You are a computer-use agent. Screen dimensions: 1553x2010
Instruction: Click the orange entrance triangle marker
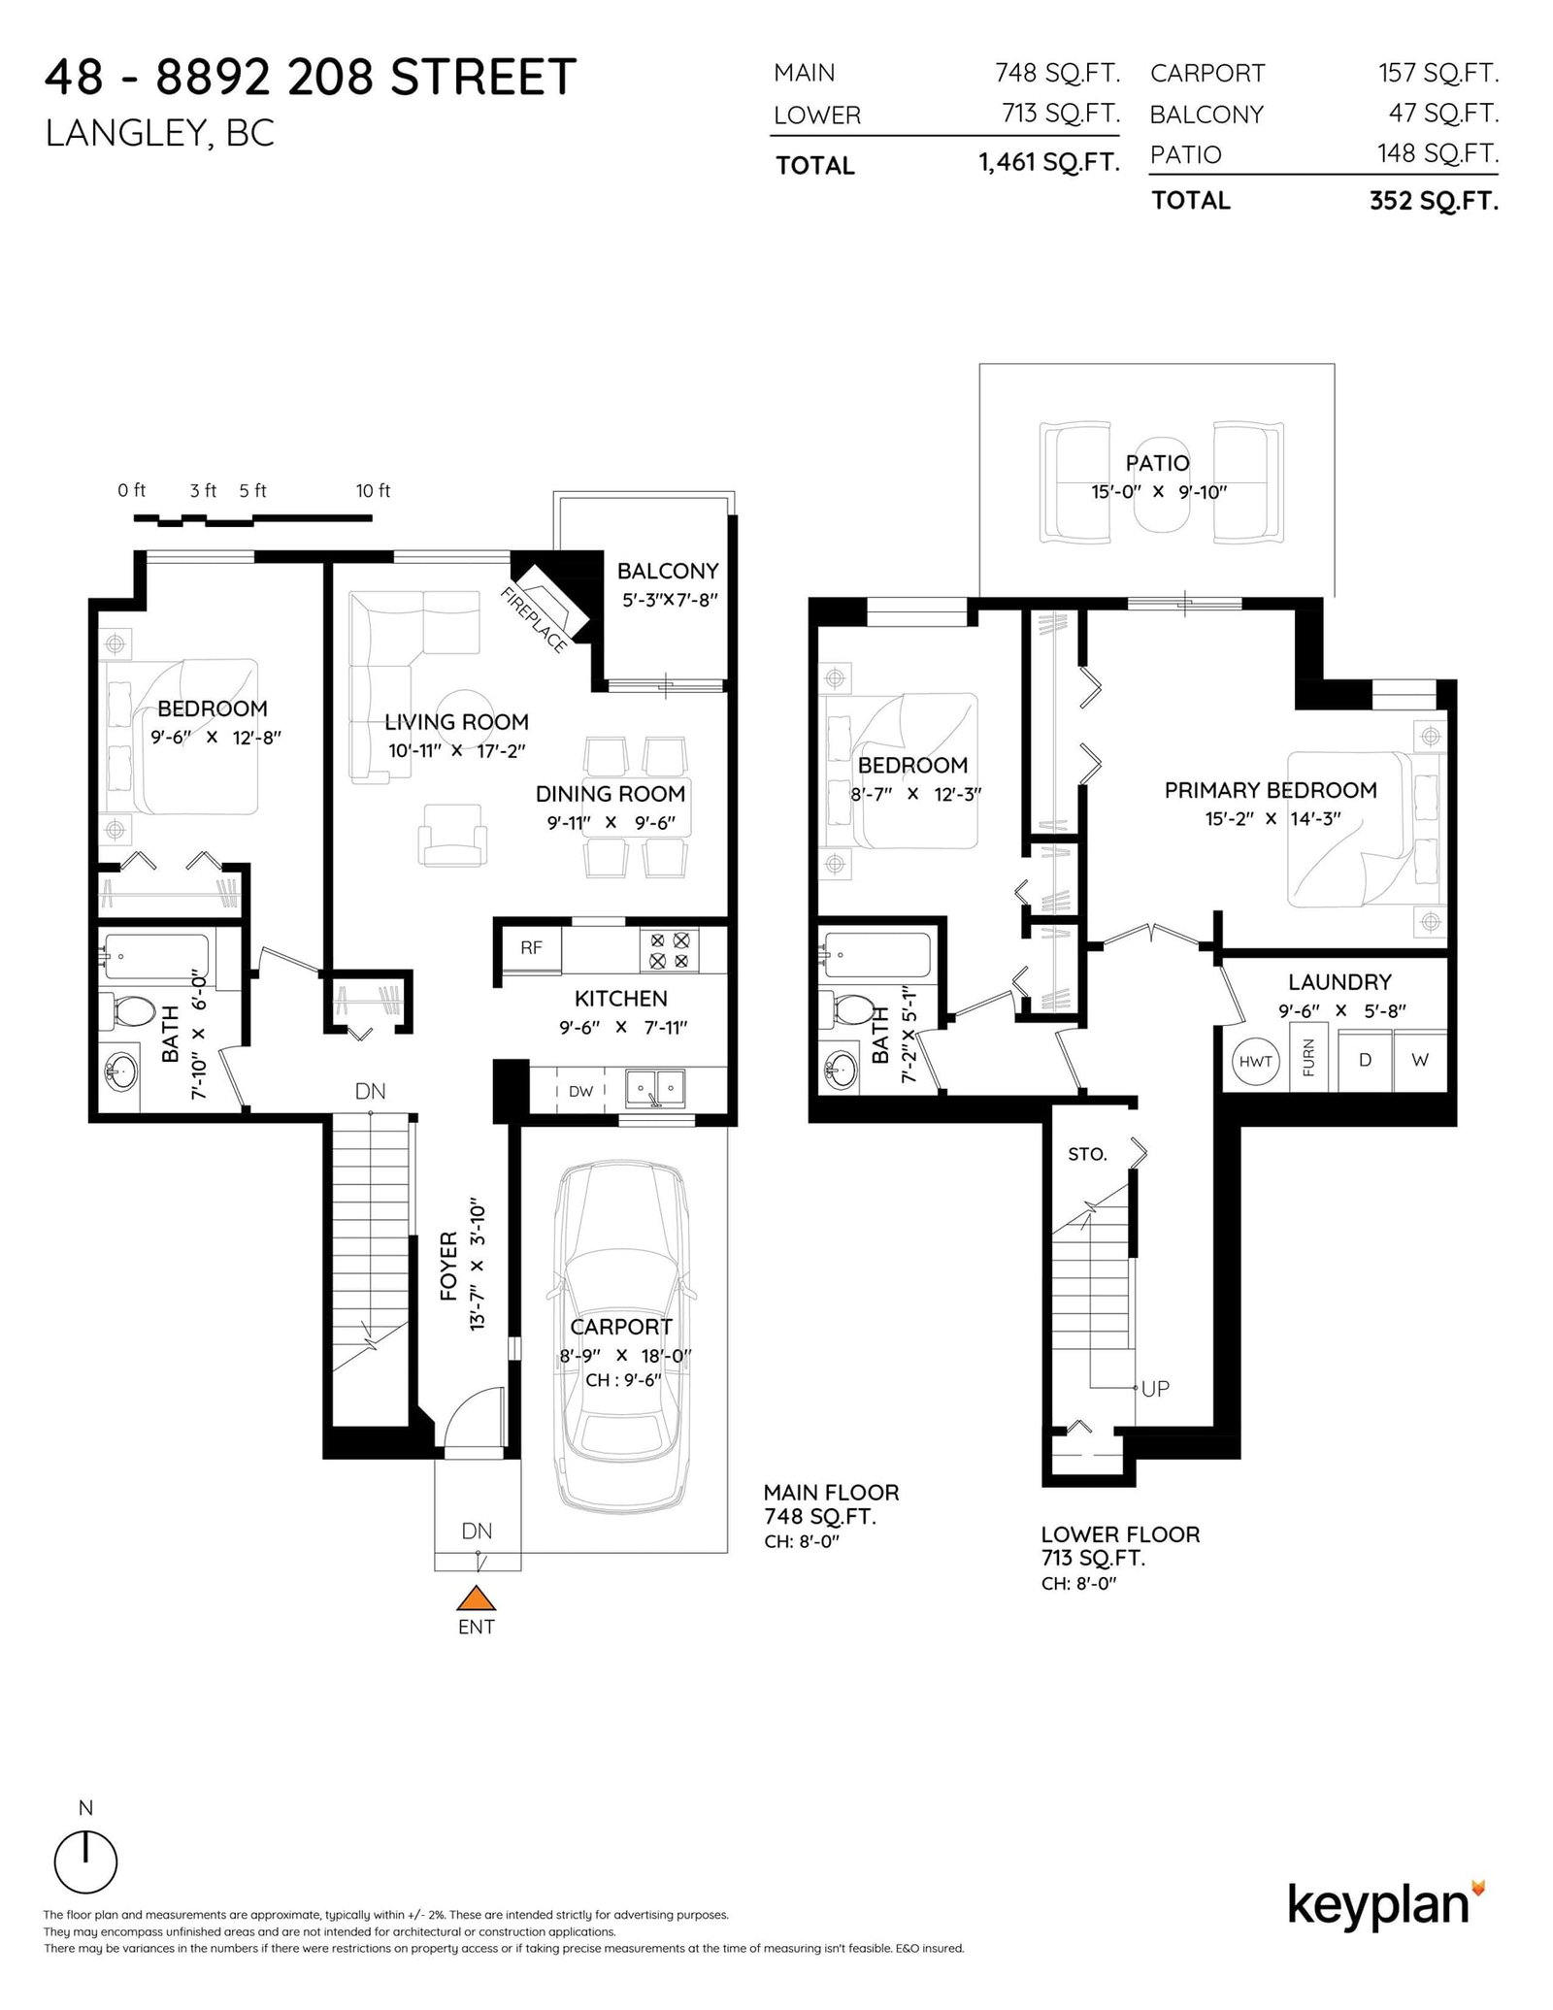click(x=476, y=1598)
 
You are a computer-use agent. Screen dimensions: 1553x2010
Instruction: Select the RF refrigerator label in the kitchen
click(x=531, y=948)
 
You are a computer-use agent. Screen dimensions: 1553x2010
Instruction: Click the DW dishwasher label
click(x=580, y=1091)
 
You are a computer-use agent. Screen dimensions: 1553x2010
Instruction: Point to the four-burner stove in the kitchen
click(x=669, y=950)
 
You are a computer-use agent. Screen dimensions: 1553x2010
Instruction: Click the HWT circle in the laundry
click(x=1255, y=1061)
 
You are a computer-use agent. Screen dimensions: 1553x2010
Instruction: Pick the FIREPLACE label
click(x=535, y=619)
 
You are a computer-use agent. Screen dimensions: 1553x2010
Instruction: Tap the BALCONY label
click(x=668, y=571)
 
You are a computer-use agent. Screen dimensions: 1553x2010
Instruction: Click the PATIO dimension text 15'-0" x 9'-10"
click(x=1159, y=491)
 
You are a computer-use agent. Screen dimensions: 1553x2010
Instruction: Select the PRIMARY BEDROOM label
click(x=1271, y=790)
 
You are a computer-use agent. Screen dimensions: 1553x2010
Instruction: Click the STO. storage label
click(x=1087, y=1154)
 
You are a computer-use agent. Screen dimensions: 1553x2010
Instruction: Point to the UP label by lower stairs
click(x=1155, y=1389)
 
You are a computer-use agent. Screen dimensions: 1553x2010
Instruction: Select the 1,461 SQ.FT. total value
click(x=1049, y=162)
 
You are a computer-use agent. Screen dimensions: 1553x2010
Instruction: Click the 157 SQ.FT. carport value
click(x=1438, y=72)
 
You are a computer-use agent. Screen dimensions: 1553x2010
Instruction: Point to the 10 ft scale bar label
click(x=373, y=491)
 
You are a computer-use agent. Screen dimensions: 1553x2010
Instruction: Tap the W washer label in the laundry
click(x=1420, y=1060)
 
